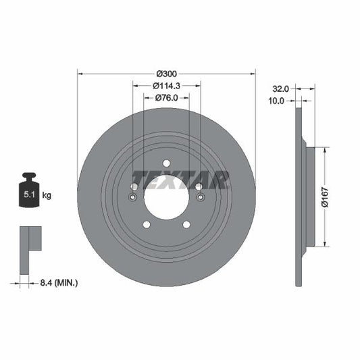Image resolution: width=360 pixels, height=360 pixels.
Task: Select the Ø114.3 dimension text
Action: click(x=166, y=85)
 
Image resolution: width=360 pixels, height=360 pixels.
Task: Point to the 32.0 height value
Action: click(x=280, y=88)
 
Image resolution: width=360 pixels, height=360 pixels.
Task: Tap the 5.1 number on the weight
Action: click(x=30, y=195)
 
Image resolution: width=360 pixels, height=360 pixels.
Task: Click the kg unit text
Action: click(x=47, y=195)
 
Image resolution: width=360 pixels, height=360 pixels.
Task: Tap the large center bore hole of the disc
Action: click(x=166, y=197)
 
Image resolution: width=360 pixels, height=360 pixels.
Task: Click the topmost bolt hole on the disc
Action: click(x=166, y=162)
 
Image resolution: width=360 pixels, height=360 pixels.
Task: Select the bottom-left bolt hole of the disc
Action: click(x=146, y=224)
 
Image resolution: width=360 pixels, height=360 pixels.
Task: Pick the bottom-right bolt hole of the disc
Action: click(x=186, y=224)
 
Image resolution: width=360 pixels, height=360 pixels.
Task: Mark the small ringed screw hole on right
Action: click(x=199, y=197)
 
